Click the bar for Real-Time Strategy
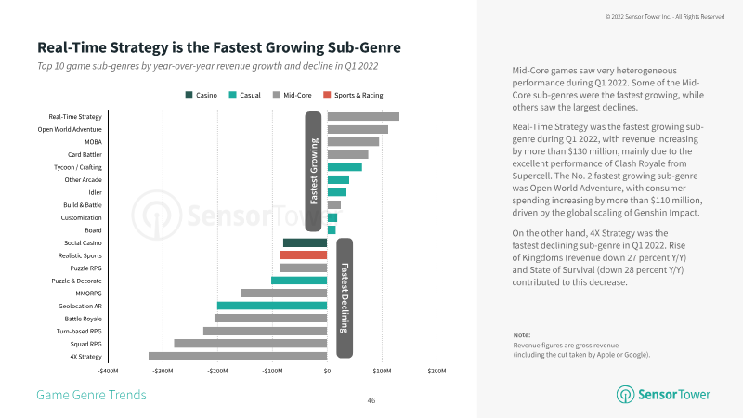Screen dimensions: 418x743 363,116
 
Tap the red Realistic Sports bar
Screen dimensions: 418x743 304,255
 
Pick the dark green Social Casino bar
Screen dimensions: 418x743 305,242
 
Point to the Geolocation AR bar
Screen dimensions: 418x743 272,306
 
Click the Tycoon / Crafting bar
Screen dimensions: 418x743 345,166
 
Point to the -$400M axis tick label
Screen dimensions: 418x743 109,372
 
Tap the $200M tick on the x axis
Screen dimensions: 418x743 437,372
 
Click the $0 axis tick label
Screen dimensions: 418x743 327,372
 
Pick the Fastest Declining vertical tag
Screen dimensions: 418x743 344,297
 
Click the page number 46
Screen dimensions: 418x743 371,400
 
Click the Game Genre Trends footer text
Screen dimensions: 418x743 91,395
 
